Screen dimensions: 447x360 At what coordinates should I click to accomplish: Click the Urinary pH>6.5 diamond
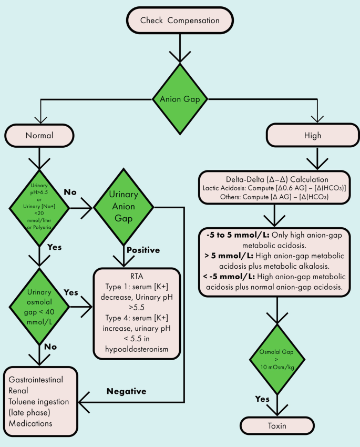(x=39, y=207)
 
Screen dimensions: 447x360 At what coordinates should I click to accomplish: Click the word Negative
(x=126, y=391)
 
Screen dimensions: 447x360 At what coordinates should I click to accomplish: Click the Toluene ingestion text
(x=38, y=402)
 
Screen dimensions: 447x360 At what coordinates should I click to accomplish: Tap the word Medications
(x=30, y=424)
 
